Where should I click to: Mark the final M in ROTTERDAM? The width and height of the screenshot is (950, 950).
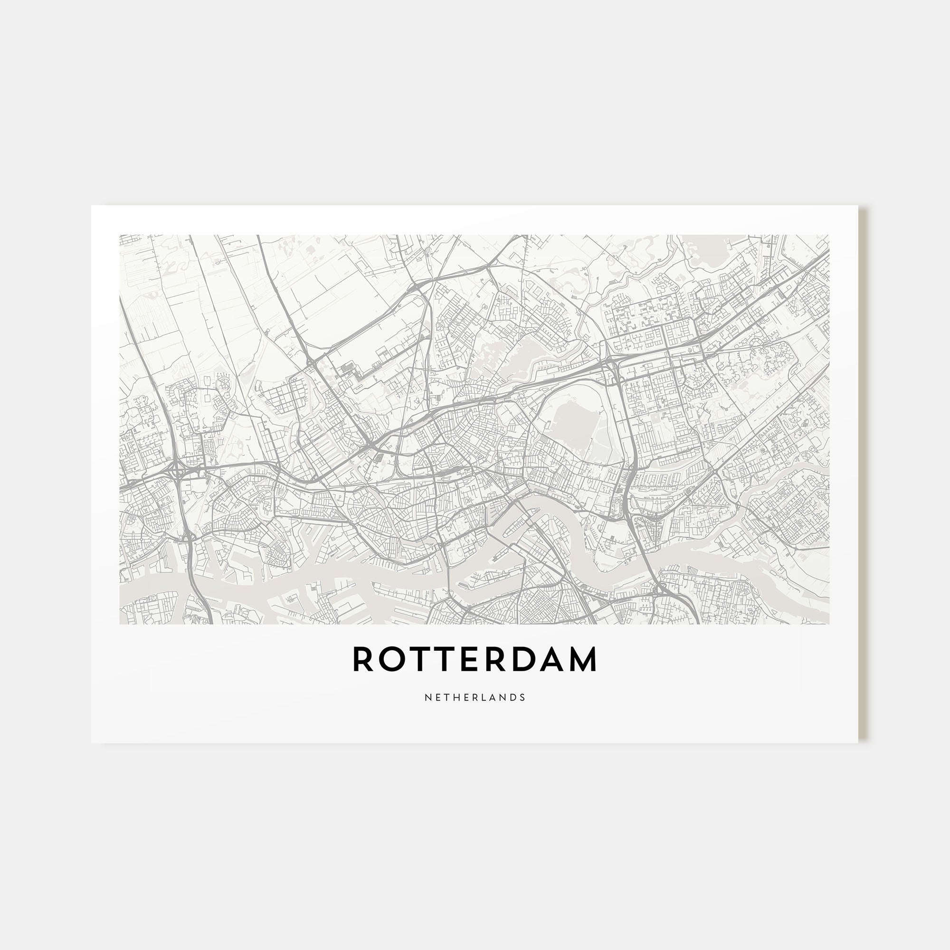(582, 659)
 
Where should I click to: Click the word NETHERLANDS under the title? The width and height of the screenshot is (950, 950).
(475, 697)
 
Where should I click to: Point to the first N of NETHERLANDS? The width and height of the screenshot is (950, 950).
(427, 697)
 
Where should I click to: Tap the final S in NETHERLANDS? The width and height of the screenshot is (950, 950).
(523, 697)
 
